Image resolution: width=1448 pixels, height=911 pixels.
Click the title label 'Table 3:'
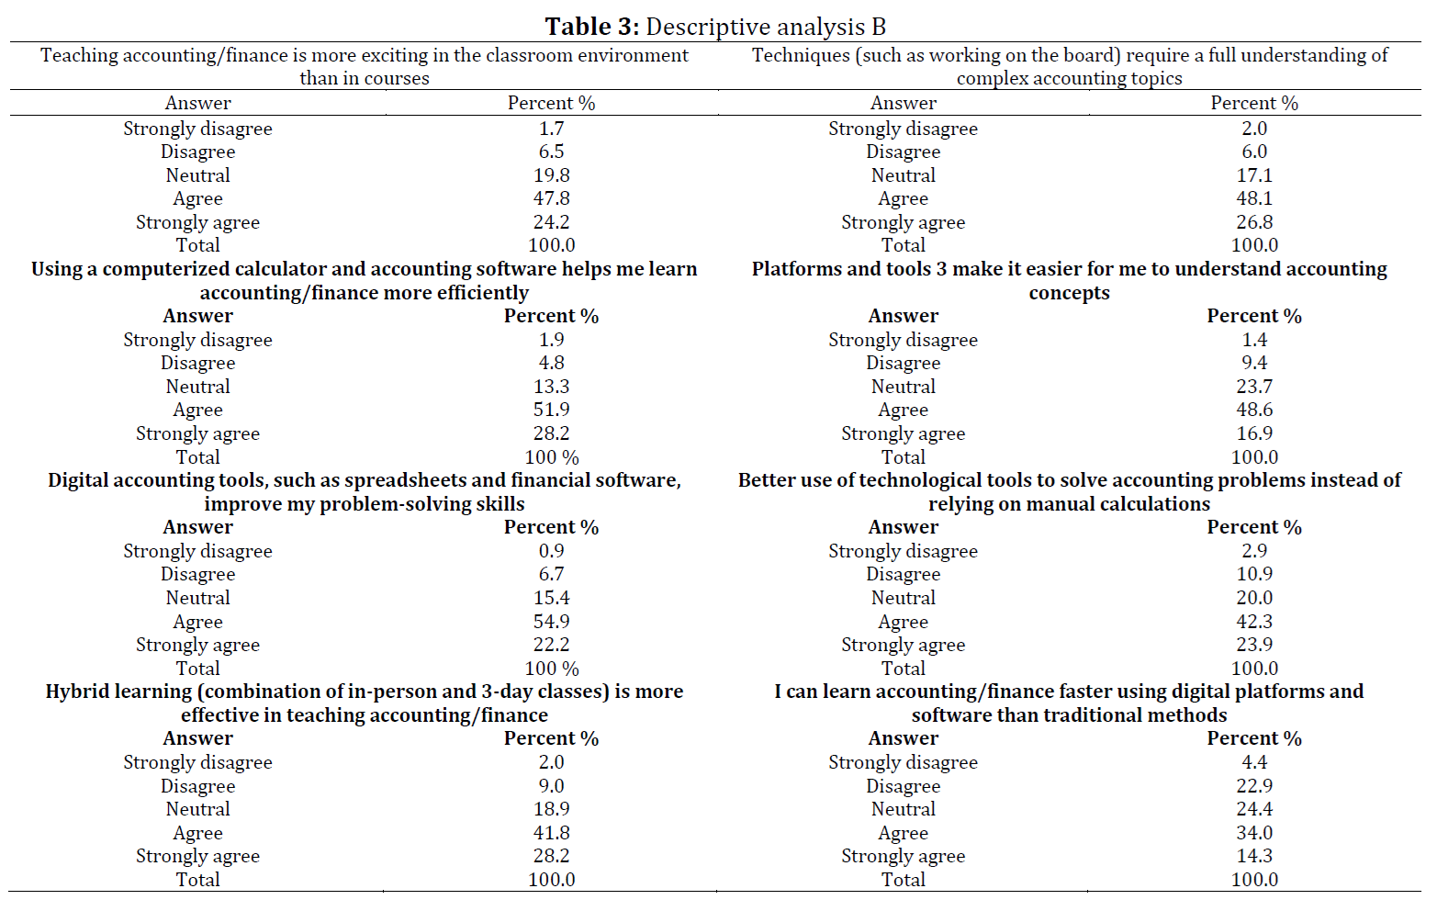point(592,28)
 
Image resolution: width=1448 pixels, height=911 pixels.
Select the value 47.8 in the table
point(552,198)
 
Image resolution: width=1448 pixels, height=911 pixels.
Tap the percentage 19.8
point(552,175)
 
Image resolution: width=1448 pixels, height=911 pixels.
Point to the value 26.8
point(1254,221)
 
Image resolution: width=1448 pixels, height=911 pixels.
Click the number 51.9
point(552,410)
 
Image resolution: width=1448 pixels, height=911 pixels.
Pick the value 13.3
point(552,386)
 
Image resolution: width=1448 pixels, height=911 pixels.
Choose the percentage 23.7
point(1254,386)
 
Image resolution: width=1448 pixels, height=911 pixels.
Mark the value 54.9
point(552,622)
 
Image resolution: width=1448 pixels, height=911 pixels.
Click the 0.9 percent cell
point(552,551)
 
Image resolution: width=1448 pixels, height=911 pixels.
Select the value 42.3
point(1254,622)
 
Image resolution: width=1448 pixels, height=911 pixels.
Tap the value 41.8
point(552,833)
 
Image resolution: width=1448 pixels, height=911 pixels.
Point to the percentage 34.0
point(1254,833)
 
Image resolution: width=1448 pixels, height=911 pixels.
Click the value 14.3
point(1254,856)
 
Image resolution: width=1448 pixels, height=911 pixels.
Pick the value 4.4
point(1254,762)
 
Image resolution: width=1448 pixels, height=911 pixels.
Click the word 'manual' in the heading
point(1058,504)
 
